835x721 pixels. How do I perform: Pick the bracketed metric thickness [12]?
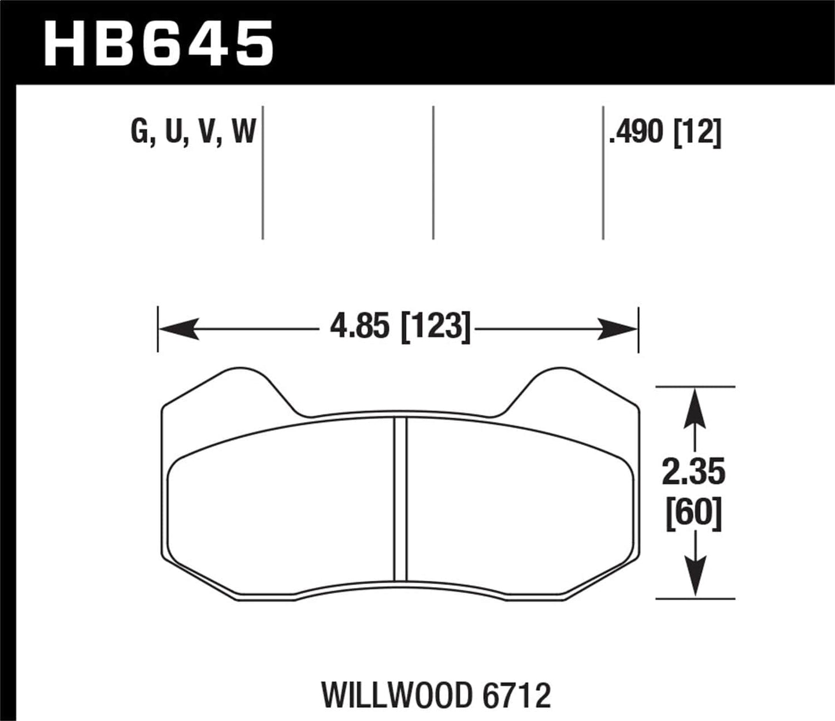(x=697, y=132)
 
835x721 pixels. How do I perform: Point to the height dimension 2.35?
(x=693, y=473)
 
